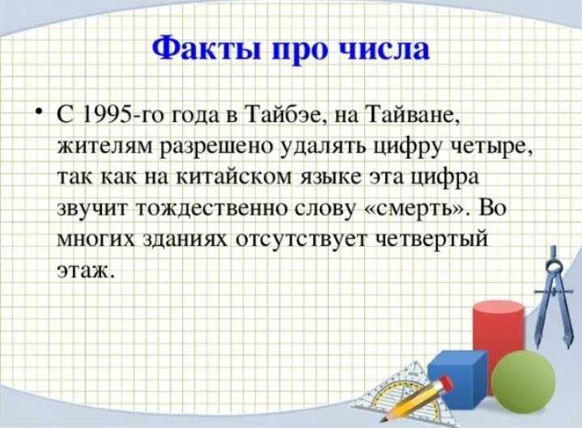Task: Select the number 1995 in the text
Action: click(106, 115)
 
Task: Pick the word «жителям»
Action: click(104, 146)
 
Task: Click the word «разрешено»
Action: click(216, 147)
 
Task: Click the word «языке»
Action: click(330, 177)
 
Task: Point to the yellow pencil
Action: click(416, 398)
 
